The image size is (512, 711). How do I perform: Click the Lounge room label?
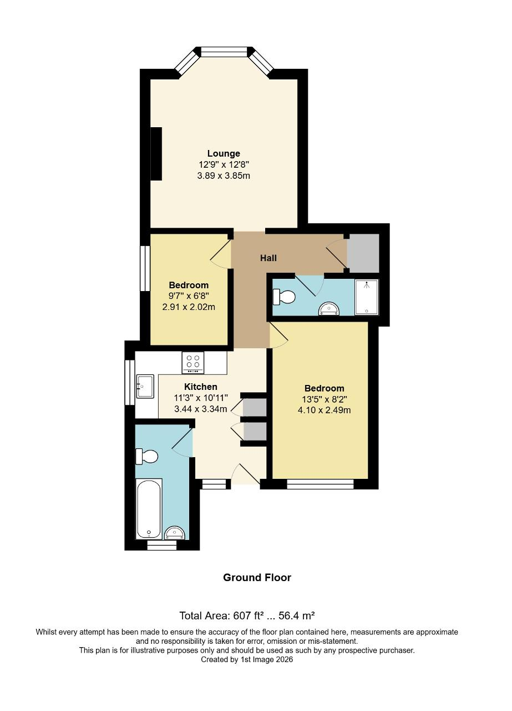pos(224,153)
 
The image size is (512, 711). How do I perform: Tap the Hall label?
pos(268,258)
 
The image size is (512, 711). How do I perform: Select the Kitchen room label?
pos(201,387)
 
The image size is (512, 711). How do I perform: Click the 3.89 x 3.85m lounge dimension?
pos(224,176)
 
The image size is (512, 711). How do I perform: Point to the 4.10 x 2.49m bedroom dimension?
pos(324,410)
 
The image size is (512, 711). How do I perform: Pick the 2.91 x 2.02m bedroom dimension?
pos(189,307)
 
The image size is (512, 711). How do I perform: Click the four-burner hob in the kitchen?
pos(193,363)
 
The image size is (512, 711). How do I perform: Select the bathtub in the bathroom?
pos(149,508)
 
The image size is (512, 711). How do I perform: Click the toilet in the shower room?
pos(284,297)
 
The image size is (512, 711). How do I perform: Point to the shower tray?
pos(366,297)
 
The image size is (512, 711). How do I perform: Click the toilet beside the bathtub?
pos(147,457)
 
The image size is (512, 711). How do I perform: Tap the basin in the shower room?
pos(329,309)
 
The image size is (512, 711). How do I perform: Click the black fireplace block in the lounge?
pos(156,153)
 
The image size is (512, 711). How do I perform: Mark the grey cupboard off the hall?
pos(363,253)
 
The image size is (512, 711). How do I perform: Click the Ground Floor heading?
pos(257,577)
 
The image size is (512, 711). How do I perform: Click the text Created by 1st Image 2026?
pos(247,659)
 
